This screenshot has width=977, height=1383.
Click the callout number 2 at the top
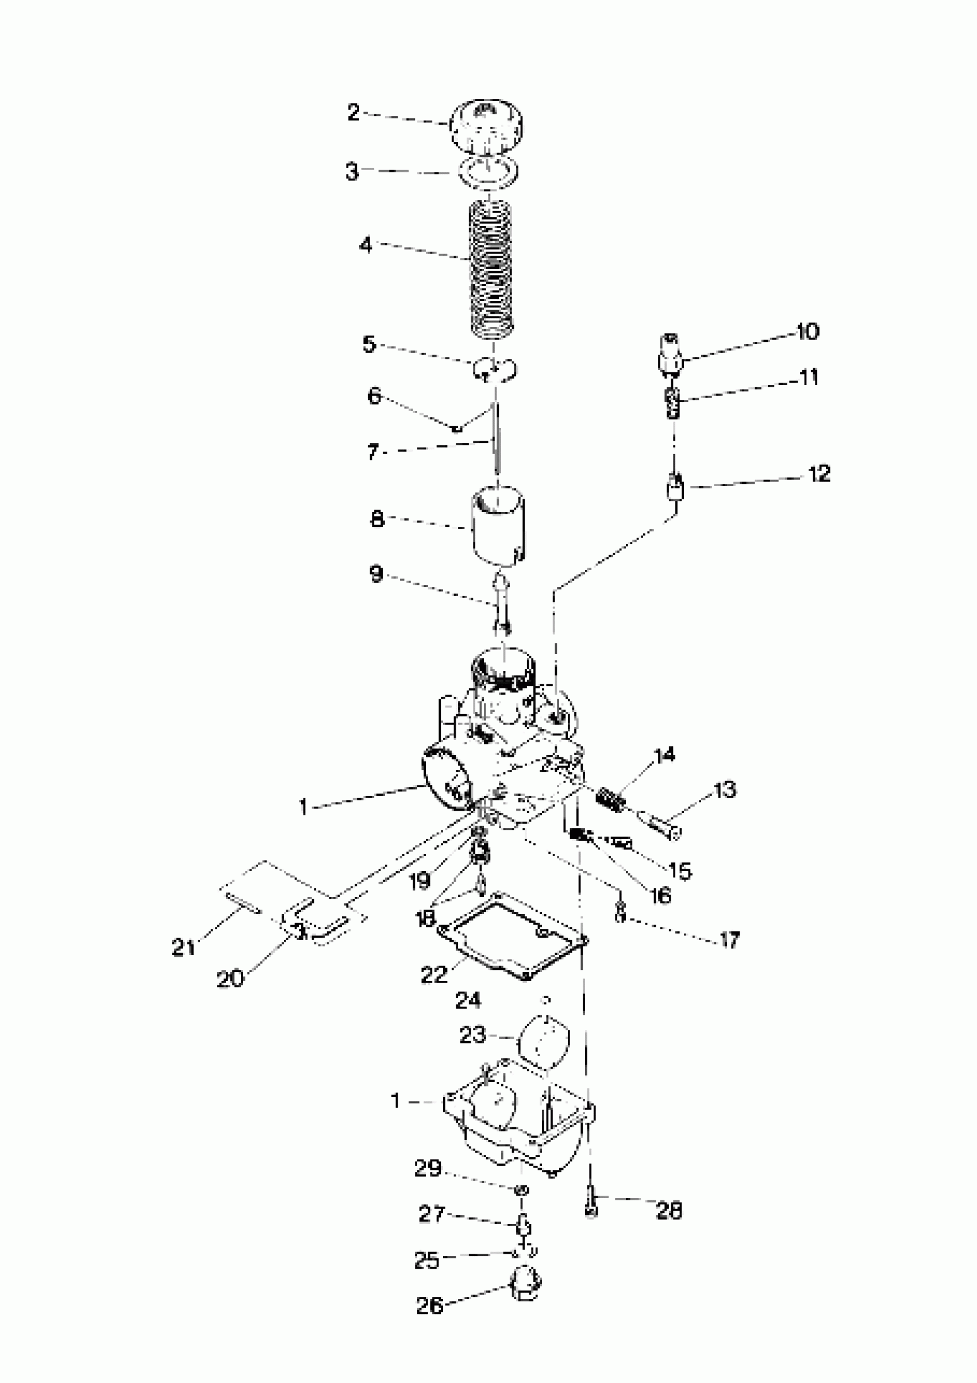tap(353, 113)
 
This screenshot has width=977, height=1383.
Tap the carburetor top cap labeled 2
tap(486, 126)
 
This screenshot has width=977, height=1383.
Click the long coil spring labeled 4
tap(491, 268)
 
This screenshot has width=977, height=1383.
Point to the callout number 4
tap(366, 245)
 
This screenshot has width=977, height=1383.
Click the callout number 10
tap(807, 332)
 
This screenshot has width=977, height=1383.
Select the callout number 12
tap(819, 473)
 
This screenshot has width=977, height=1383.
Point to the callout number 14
tap(665, 755)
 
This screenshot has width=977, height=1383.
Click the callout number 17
tap(729, 939)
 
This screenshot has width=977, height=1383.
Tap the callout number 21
tap(183, 947)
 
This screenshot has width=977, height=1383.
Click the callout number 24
tap(468, 1000)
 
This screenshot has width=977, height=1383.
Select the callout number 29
tap(428, 1169)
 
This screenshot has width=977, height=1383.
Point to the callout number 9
tap(376, 573)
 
